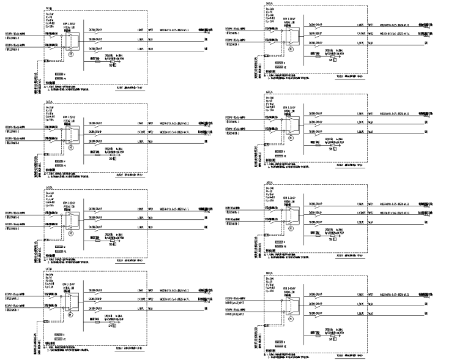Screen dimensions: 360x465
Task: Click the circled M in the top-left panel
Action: [x=70, y=54]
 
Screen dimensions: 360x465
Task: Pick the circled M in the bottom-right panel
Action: [x=291, y=315]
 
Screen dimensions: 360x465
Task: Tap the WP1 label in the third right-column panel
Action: [x=371, y=204]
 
